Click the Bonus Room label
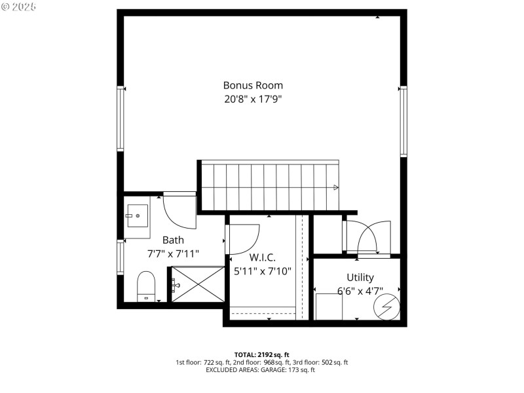[253, 85]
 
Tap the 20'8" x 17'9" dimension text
[253, 100]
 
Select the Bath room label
[173, 240]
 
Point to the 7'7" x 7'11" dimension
[173, 253]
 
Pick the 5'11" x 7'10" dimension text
[262, 271]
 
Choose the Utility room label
[360, 277]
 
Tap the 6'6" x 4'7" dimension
[360, 291]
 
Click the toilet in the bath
[145, 288]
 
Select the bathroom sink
[138, 214]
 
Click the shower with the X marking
[198, 284]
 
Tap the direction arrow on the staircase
[336, 187]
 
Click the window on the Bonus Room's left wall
[120, 118]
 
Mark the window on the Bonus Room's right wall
[403, 121]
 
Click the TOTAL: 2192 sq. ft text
[261, 354]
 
